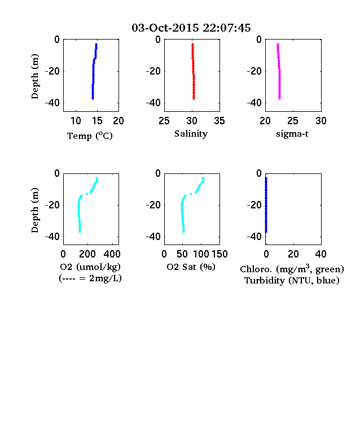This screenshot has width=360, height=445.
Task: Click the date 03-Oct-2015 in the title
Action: coord(165,28)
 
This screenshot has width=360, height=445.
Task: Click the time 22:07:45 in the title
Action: coord(227,28)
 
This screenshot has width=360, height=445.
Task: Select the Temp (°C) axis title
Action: coord(90,136)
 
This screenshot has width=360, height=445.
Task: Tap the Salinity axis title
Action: coord(191,134)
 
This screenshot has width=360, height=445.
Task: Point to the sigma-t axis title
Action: coord(292,134)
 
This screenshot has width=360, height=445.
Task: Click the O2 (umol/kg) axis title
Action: coord(90,267)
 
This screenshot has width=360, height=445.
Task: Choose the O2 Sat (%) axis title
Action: coord(191,267)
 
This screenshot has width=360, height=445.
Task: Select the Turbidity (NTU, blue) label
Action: coord(292,281)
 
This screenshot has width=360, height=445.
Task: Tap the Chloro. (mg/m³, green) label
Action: coord(292,268)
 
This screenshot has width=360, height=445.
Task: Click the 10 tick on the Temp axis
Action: coord(76,121)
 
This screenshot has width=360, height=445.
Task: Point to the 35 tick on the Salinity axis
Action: coord(219,121)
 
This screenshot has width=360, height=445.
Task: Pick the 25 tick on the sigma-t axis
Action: coord(292,121)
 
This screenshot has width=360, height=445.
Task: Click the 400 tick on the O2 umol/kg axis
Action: coord(112,254)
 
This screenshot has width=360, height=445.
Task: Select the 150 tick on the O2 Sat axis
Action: coord(219,254)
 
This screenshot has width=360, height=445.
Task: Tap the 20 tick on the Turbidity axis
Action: coord(293,254)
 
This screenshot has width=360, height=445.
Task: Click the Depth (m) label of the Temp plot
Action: coord(34,76)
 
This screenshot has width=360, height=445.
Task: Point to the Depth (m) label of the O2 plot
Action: coord(34,210)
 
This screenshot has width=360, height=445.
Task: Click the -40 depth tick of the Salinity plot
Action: coord(153,103)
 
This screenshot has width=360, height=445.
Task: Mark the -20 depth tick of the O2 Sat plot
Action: coord(153,205)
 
